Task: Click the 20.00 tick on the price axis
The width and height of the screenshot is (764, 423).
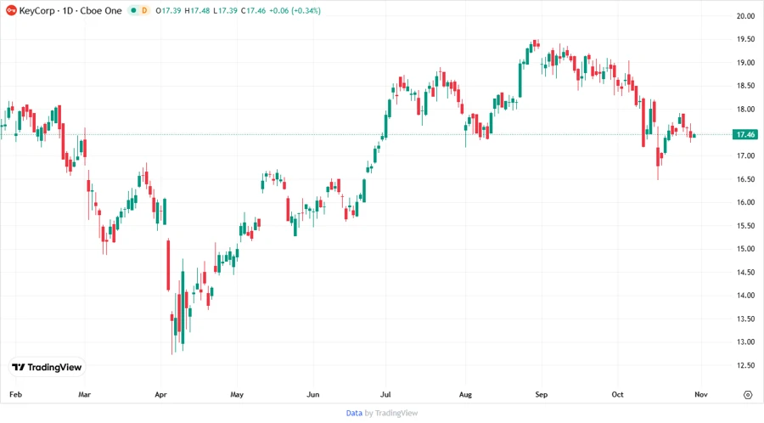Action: click(746, 16)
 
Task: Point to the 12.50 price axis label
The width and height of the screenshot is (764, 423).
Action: click(746, 365)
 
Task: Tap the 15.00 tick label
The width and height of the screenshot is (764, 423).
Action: click(746, 249)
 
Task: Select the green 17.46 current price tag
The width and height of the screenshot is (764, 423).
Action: click(746, 134)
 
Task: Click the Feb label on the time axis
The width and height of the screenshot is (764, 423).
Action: click(14, 394)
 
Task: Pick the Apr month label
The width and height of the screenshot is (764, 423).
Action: click(161, 394)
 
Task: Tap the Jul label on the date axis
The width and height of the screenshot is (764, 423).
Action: click(385, 394)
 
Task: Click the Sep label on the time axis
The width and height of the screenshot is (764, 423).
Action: click(542, 394)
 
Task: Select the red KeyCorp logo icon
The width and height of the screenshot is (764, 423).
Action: click(10, 10)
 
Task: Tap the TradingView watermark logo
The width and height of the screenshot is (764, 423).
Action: click(47, 367)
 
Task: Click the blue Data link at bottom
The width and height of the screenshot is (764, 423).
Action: click(354, 413)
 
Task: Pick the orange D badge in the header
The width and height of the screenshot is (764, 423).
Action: click(144, 10)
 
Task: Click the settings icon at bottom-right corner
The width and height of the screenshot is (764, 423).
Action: click(747, 394)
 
